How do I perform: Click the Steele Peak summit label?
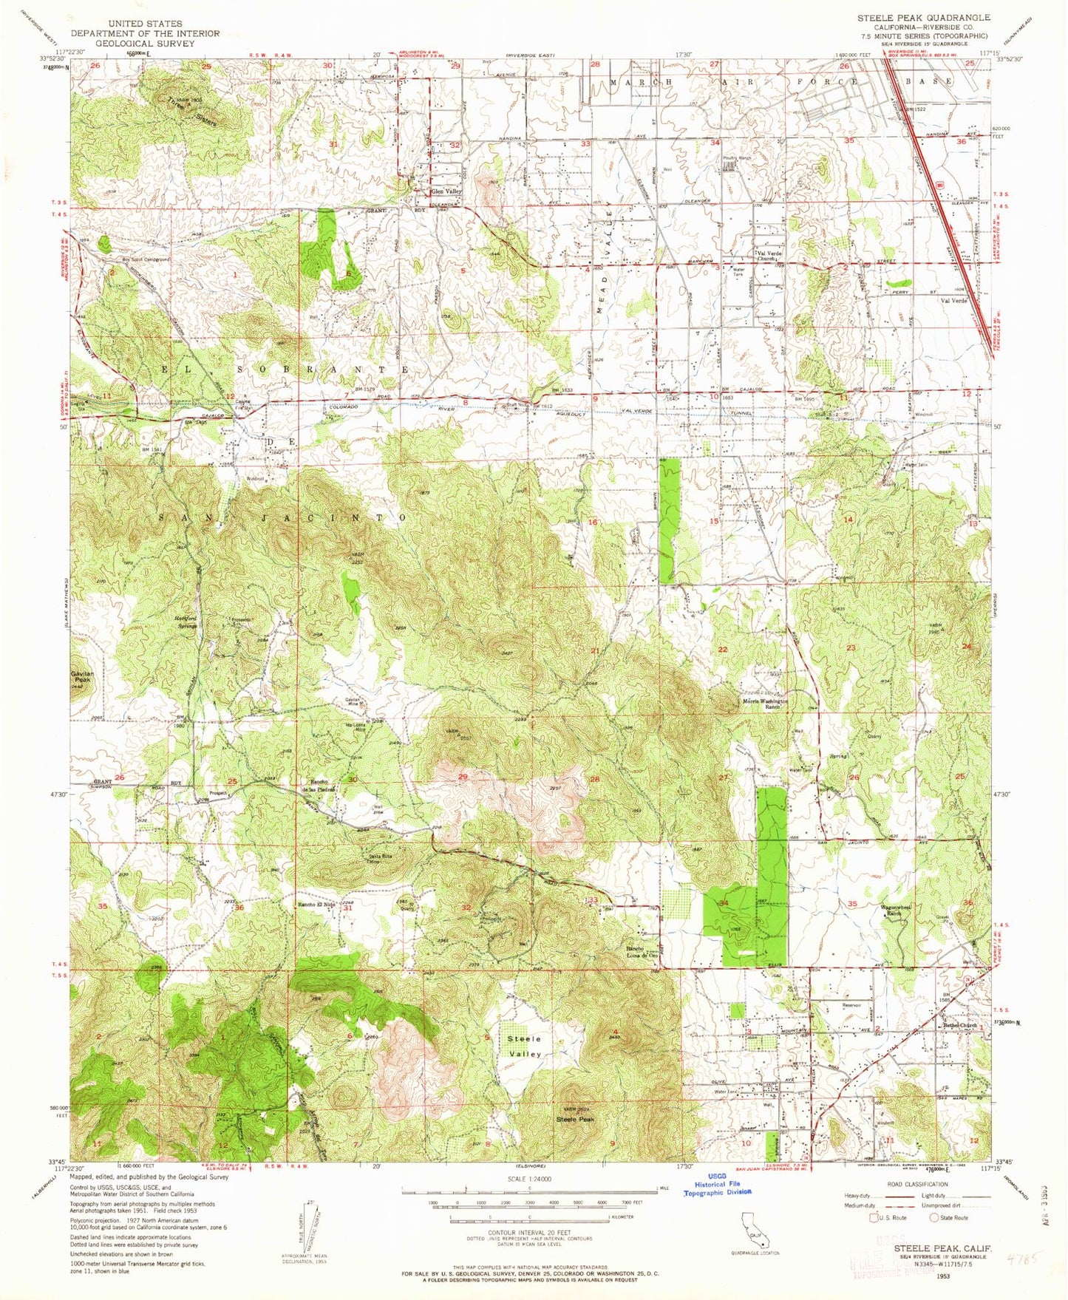575,1119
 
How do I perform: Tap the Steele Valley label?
524,1046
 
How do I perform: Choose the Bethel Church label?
959,1025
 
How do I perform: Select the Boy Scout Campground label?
146,260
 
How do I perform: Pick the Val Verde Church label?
769,256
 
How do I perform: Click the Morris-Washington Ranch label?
766,704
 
